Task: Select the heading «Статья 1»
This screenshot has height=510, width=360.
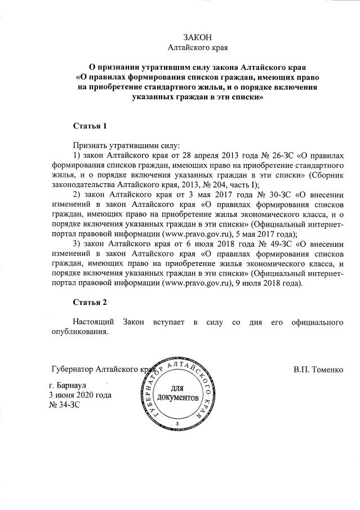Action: [x=90, y=124]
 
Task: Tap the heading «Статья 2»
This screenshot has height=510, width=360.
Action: [x=90, y=302]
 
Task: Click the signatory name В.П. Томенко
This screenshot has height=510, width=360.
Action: [x=318, y=370]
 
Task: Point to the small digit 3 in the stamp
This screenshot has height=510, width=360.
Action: [x=177, y=423]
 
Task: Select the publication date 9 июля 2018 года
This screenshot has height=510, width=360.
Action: [x=269, y=284]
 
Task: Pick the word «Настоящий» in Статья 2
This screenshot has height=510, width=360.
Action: [x=92, y=322]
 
